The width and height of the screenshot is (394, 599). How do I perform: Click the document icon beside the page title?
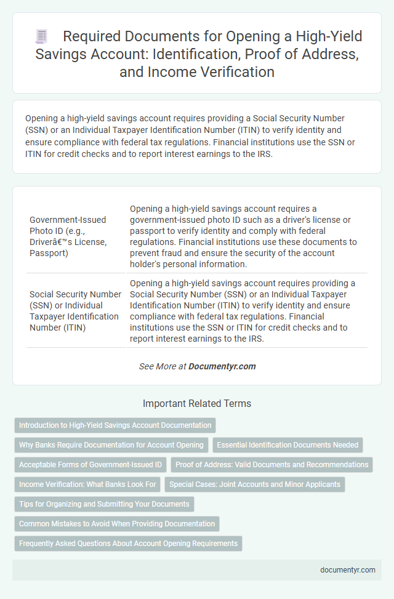pyautogui.click(x=41, y=37)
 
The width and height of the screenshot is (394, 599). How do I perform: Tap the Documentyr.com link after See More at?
pyautogui.click(x=222, y=366)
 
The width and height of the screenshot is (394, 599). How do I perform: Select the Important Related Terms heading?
pyautogui.click(x=197, y=404)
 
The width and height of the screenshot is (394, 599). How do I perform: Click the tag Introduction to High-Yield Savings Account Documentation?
pyautogui.click(x=115, y=425)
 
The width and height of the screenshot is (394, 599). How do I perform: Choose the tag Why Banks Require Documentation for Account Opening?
pyautogui.click(x=111, y=444)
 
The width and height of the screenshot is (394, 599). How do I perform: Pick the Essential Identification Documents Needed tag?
pyautogui.click(x=287, y=444)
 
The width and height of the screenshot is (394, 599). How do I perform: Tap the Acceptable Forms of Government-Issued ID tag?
pyautogui.click(x=90, y=464)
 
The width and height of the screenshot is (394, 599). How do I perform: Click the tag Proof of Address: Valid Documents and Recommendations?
pyautogui.click(x=271, y=464)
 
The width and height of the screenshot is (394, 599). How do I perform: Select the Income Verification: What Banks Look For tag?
pyautogui.click(x=87, y=484)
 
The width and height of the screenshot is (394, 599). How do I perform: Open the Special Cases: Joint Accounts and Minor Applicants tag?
pyautogui.click(x=255, y=484)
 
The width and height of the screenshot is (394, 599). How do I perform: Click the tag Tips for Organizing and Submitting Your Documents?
pyautogui.click(x=104, y=504)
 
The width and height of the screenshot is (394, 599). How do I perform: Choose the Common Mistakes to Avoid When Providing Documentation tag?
pyautogui.click(x=117, y=524)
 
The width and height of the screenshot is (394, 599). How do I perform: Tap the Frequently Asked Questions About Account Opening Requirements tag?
pyautogui.click(x=128, y=544)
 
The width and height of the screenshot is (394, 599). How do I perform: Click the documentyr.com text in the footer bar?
pyautogui.click(x=348, y=569)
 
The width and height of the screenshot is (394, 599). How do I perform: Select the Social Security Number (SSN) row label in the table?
pyautogui.click(x=73, y=311)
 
